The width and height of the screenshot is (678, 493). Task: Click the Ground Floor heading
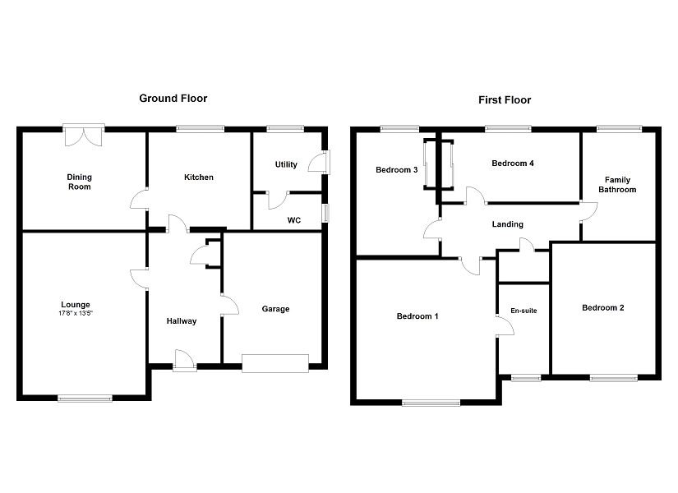[173, 99]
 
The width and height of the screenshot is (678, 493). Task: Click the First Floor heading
[505, 100]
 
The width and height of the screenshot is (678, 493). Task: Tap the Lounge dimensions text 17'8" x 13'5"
[81, 313]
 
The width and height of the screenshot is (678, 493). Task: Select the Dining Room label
[80, 182]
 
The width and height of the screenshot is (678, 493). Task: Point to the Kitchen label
[198, 177]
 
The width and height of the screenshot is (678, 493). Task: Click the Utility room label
[286, 164]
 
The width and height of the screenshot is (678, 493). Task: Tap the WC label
[293, 220]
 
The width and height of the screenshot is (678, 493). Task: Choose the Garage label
[275, 309]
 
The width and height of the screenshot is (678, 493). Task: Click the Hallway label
[182, 320]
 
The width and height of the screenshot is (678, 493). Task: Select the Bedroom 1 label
[417, 316]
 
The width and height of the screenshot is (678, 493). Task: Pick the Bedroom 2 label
[602, 308]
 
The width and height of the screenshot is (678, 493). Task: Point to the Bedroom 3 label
[396, 170]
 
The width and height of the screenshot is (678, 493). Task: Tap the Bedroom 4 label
[513, 164]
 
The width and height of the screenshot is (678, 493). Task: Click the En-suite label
[523, 311]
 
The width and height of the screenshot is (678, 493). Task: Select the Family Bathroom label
[617, 184]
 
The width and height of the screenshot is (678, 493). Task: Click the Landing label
[507, 224]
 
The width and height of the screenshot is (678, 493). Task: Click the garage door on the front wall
[274, 363]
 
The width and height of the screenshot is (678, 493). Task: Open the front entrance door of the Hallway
[185, 361]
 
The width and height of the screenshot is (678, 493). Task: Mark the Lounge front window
[85, 399]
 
